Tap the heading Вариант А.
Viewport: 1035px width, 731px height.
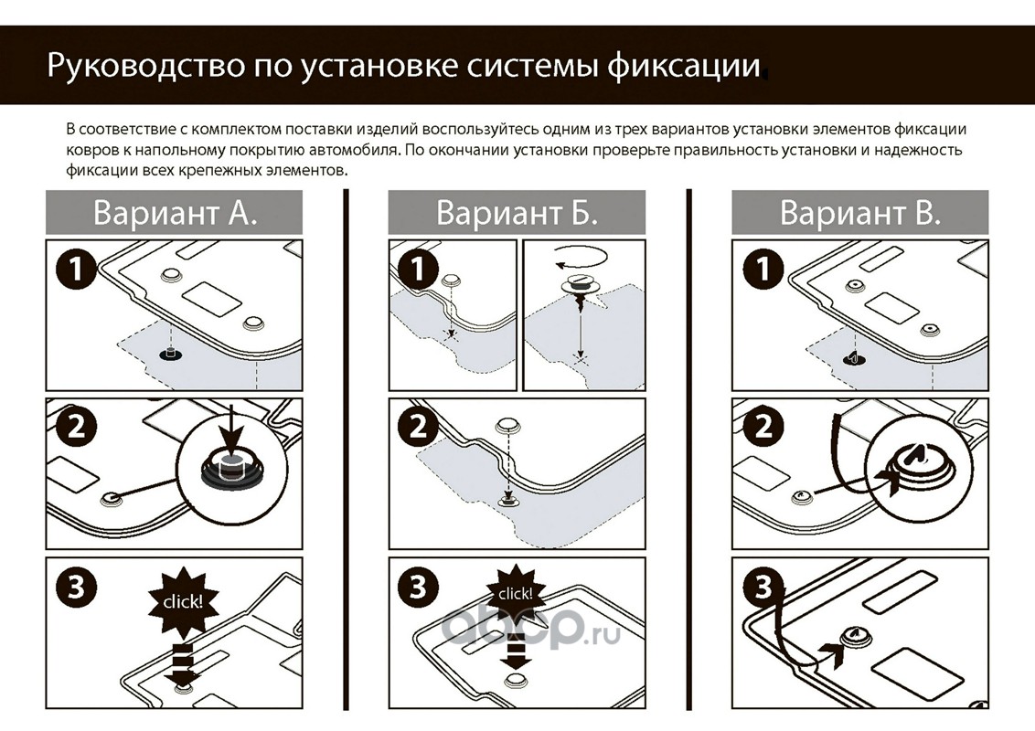pos(175,213)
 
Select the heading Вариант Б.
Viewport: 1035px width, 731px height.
pos(517,213)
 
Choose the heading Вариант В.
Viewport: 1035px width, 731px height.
pos(859,213)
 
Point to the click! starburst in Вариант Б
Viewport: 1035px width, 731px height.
pos(517,595)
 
